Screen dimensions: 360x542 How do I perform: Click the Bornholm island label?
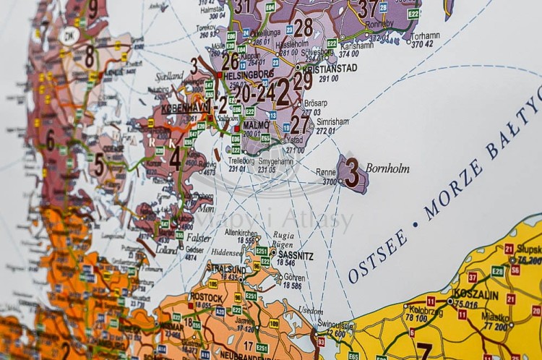tap(387, 168)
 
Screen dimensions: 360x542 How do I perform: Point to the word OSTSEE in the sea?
tap(377, 259)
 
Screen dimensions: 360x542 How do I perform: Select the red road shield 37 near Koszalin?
tap(473, 277)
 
